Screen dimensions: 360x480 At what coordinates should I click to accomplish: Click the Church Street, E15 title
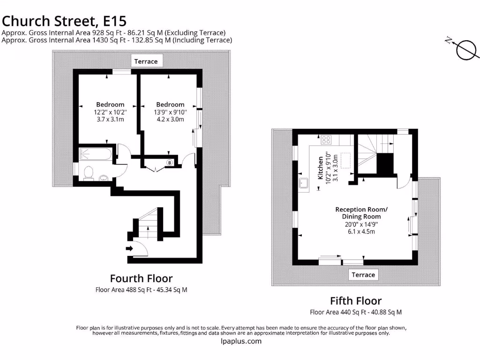click(x=64, y=21)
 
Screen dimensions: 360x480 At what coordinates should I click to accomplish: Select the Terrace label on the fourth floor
click(x=146, y=61)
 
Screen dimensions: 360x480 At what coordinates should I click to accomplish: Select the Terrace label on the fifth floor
click(x=363, y=275)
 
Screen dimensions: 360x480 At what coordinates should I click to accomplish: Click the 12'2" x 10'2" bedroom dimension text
click(x=110, y=112)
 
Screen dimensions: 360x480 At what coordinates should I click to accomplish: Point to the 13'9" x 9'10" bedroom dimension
click(x=170, y=112)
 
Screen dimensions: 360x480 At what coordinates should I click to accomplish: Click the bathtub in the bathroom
click(x=96, y=154)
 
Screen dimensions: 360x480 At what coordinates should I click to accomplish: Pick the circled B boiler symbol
click(x=169, y=163)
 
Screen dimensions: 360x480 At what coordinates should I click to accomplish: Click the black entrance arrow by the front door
click(x=129, y=248)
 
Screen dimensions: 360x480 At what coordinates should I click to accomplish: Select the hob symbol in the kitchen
click(x=326, y=139)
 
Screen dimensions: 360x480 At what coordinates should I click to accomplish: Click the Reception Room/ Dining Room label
click(x=361, y=213)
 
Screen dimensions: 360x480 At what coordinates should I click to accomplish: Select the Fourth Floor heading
click(x=141, y=278)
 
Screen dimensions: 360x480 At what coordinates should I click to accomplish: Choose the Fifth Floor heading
click(x=356, y=300)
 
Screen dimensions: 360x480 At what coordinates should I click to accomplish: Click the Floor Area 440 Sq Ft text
click(x=356, y=312)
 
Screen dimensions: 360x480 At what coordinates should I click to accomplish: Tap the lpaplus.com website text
click(x=240, y=341)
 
